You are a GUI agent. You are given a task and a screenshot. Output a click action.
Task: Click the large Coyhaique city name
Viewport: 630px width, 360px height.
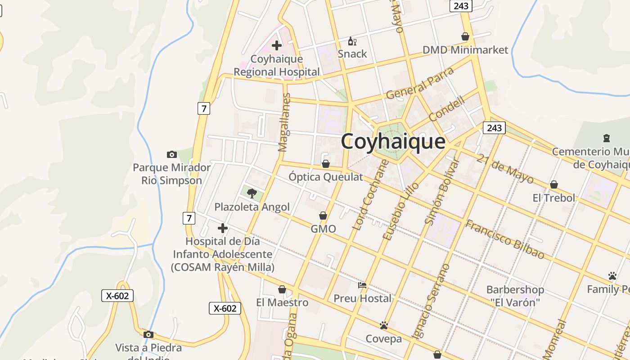[393, 141]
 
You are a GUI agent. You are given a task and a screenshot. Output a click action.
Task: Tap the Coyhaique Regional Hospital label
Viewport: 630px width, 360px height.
[277, 66]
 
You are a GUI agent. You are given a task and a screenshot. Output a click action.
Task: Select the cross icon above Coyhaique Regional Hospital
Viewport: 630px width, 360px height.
[277, 45]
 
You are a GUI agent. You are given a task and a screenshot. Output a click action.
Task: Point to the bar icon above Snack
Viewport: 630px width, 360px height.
[352, 41]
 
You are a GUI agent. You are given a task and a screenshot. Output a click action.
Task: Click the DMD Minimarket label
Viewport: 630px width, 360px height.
[465, 50]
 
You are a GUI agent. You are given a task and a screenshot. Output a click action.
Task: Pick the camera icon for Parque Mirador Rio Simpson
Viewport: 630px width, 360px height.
[171, 155]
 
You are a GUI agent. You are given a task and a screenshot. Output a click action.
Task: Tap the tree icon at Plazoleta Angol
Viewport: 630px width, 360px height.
[252, 193]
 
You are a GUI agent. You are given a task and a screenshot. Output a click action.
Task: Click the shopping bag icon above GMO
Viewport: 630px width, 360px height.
[323, 216]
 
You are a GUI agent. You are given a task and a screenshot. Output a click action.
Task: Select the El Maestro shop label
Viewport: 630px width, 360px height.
[282, 302]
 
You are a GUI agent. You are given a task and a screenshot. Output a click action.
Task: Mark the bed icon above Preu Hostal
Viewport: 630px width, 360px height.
[362, 285]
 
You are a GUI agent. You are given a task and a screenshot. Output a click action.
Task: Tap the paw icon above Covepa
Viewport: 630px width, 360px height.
[384, 325]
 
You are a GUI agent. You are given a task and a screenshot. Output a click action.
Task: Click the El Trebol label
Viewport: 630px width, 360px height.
[554, 198]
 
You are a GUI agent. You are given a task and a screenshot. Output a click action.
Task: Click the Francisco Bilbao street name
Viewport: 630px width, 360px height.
[504, 239]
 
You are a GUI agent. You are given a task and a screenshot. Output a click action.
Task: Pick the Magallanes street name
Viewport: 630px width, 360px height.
[284, 122]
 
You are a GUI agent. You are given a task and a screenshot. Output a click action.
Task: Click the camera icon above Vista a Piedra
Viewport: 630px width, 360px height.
[148, 335]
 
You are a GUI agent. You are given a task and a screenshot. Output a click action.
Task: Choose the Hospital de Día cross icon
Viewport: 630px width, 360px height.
[222, 228]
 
